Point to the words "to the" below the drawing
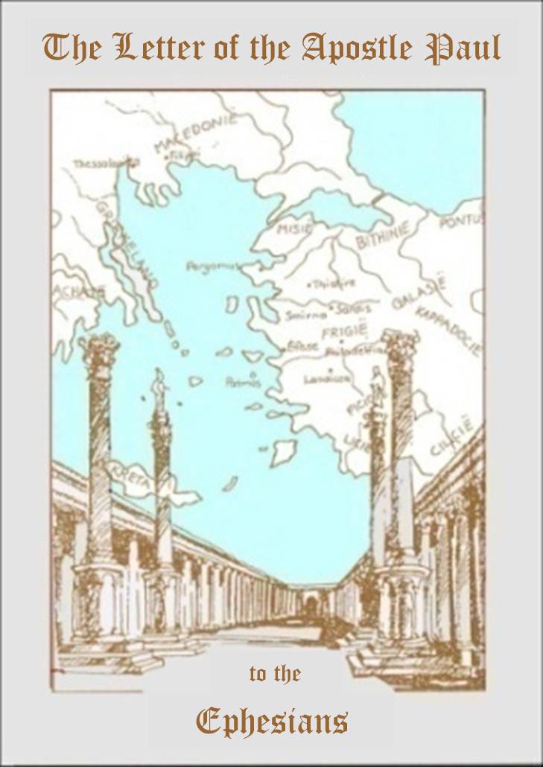[274, 675]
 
